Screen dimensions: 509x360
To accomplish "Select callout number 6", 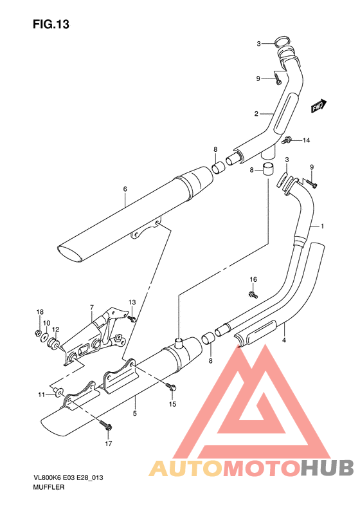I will coord(125,189).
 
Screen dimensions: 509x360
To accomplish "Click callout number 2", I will coord(256,114).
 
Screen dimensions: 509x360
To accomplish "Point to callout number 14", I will coord(307,140).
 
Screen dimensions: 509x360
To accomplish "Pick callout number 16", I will coord(253,279).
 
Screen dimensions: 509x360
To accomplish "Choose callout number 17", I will coord(109,444).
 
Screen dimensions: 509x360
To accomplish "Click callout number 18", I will coord(39,312).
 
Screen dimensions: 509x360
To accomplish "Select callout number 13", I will coord(132,302).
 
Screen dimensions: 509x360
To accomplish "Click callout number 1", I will coord(323,227).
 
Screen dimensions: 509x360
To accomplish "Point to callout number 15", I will coord(172,403).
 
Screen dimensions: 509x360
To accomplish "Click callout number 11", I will coord(40,394).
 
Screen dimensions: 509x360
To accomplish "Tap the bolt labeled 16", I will coord(253,294).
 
